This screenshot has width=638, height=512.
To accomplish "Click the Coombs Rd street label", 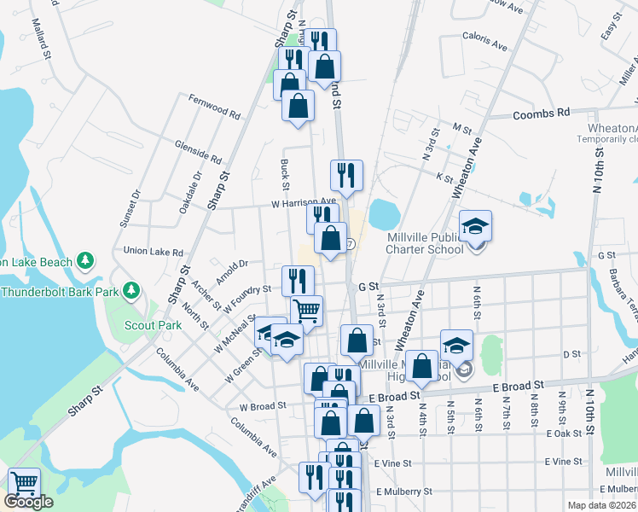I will tap(541, 113).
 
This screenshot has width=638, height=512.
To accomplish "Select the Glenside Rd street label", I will tap(197, 152).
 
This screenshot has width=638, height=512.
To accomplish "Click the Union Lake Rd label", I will tap(154, 252).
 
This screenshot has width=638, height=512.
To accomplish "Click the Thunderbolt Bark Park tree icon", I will tap(130, 291).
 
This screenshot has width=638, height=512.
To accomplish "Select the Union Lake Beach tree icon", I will tap(84, 259).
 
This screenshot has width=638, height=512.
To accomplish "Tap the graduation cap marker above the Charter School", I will tap(476, 227).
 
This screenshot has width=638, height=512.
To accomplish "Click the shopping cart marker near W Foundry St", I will tap(306, 310).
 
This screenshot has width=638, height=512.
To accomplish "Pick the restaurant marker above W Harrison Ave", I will tap(346, 176).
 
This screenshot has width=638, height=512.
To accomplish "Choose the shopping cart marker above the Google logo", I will tap(24, 484).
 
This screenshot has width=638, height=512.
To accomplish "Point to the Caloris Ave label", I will tap(485, 38).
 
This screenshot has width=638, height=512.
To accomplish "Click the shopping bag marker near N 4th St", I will tap(421, 367).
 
